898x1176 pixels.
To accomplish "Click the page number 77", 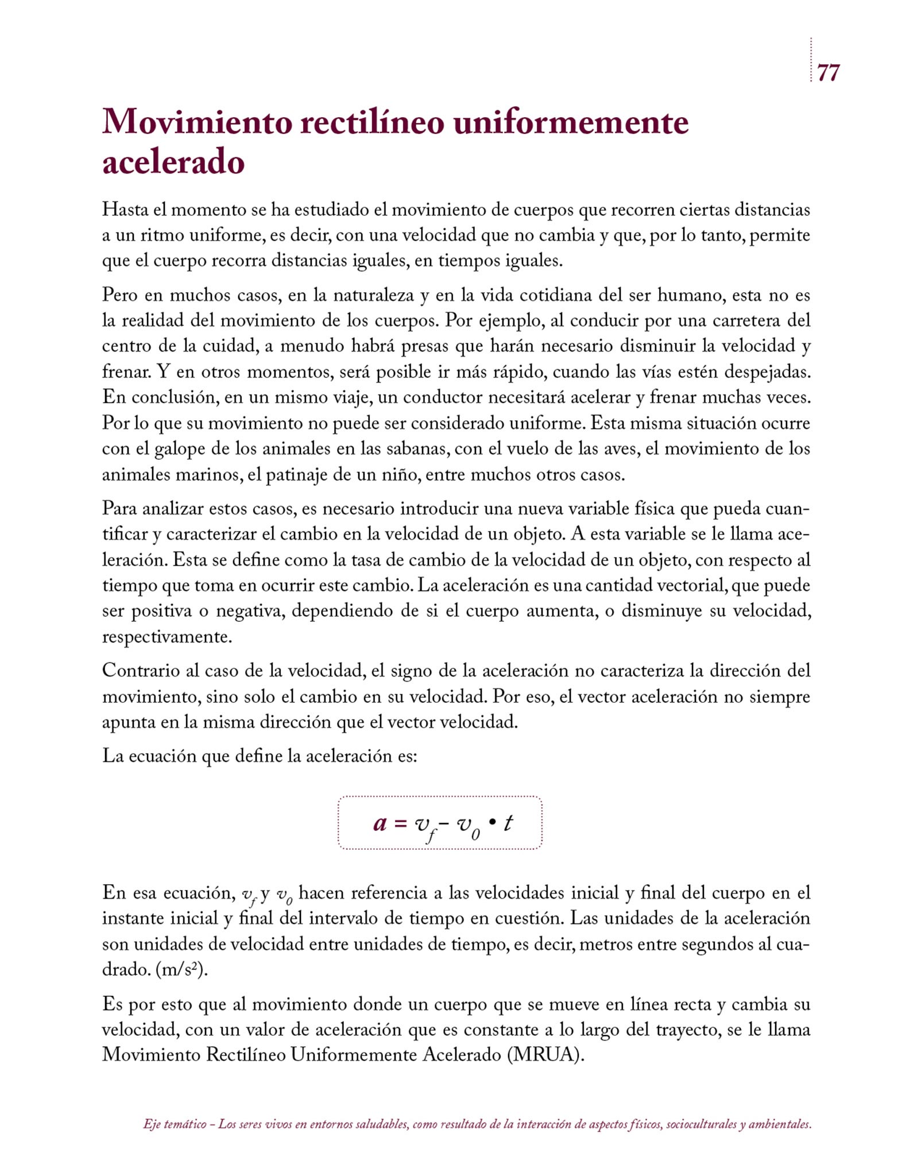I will click(828, 73).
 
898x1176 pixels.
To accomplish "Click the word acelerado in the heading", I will click(173, 162).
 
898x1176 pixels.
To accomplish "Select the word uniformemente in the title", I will click(571, 122).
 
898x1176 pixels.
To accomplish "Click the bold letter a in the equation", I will click(380, 823).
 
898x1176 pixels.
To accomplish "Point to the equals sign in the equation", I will click(401, 823).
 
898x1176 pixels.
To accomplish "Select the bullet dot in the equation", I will click(491, 822).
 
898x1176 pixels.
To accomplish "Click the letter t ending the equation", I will click(508, 823).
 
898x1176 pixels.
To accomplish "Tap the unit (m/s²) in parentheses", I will click(181, 970).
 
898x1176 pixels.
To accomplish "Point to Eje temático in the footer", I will click(175, 1124).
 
